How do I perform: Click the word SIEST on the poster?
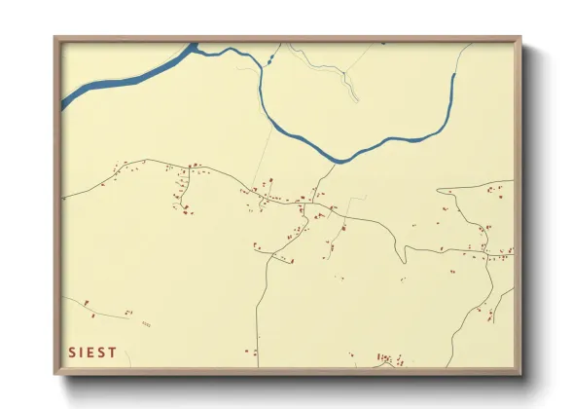click(x=93, y=353)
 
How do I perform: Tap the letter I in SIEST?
click(x=82, y=353)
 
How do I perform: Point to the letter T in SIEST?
click(x=114, y=353)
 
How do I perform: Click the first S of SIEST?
click(x=71, y=353)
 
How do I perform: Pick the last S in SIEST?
click(x=103, y=353)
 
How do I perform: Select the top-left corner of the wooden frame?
click(x=56, y=40)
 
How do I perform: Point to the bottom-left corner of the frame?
click(x=56, y=373)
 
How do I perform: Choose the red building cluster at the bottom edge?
click(x=389, y=359)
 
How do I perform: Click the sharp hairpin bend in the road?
click(x=403, y=259)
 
